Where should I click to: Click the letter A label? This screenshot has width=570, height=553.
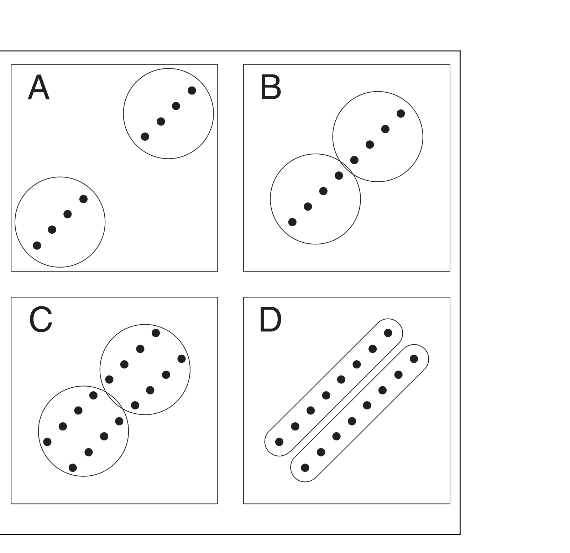click(38, 88)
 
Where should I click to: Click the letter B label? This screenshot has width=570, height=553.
click(271, 88)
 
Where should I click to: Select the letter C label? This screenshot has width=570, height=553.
click(41, 320)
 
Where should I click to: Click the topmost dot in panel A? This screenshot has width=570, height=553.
click(192, 91)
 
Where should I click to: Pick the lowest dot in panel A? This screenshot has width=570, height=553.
click(37, 245)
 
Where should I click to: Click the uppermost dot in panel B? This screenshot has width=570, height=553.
click(401, 113)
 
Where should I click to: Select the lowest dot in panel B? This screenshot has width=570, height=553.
click(292, 222)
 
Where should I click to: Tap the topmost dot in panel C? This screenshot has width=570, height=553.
click(156, 333)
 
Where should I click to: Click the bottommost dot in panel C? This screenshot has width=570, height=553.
click(73, 467)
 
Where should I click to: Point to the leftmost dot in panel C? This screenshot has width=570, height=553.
click(47, 442)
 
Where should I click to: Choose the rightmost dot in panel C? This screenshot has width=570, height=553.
click(182, 358)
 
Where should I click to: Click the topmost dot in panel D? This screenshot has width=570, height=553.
click(388, 333)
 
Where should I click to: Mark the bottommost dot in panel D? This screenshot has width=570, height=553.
click(305, 467)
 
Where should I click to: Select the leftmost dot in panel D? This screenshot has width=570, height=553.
click(279, 442)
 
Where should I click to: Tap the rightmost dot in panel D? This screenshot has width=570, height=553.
click(414, 358)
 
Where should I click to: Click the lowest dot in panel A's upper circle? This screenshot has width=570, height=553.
click(145, 136)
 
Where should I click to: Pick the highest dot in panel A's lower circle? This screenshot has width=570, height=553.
click(83, 199)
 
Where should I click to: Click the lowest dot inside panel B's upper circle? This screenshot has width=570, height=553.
click(354, 160)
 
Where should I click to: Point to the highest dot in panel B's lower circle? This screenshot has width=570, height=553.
click(339, 175)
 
